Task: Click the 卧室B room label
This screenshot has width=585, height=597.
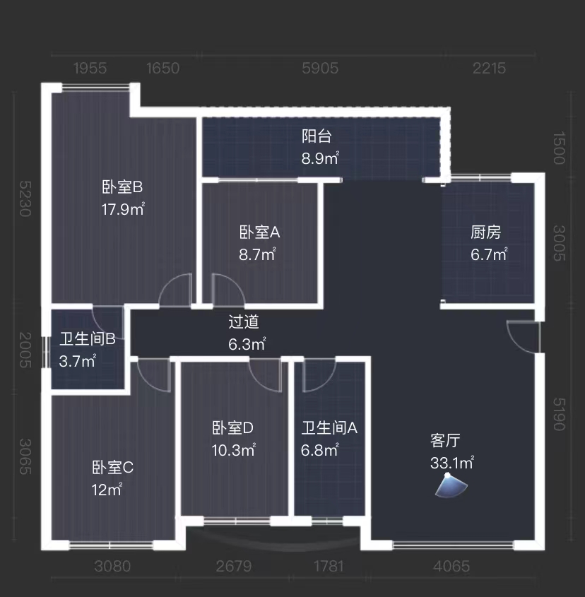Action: click(123, 187)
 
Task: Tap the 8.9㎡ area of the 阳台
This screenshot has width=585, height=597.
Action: click(320, 158)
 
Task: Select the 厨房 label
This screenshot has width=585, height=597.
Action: click(486, 232)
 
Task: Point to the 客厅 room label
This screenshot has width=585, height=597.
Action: click(445, 441)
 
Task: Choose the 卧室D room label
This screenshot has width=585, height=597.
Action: click(232, 427)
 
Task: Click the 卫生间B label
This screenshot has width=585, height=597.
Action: click(88, 339)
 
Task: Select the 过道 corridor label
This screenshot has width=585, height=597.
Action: click(244, 322)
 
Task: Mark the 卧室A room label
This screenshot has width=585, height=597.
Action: click(260, 232)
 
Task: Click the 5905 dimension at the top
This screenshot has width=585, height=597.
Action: click(320, 68)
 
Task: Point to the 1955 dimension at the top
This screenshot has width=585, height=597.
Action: click(90, 68)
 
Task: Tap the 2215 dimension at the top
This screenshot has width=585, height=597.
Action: click(489, 68)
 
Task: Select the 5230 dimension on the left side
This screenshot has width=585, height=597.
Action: click(25, 199)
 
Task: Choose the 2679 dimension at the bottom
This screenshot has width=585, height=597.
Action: click(234, 566)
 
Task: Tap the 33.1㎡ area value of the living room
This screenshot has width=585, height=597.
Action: click(451, 463)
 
